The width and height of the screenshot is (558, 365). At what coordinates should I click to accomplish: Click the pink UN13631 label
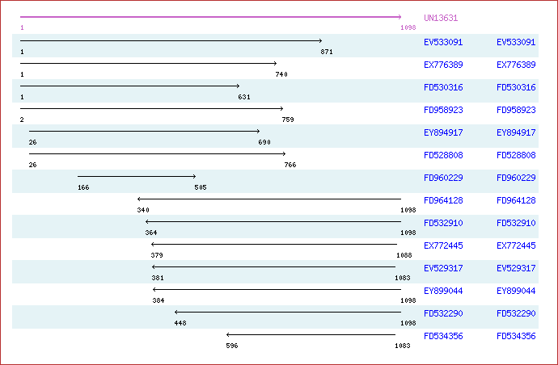pos(441,18)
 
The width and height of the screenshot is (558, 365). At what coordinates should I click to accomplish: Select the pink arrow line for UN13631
pos(211,17)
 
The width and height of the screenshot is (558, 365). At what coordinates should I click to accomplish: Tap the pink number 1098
pos(408,27)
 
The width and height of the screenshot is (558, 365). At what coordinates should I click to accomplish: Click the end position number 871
pos(327,52)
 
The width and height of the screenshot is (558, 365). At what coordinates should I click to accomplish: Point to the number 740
pos(281,74)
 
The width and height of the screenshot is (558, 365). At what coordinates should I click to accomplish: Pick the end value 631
pos(244,97)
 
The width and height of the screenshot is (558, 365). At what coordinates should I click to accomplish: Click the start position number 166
pos(83,187)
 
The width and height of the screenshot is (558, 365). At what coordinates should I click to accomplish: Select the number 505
pos(201,187)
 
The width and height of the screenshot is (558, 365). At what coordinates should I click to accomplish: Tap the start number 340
pos(143,210)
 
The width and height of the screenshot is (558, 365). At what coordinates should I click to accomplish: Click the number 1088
pos(404,255)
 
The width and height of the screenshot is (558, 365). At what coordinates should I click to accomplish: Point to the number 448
pos(180,324)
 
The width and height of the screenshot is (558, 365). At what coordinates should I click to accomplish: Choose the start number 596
pos(231,346)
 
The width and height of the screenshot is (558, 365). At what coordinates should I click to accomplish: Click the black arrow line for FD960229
pos(137,176)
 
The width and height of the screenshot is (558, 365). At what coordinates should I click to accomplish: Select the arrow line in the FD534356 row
pos(311,334)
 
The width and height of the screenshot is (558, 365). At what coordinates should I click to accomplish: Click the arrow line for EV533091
pos(171,41)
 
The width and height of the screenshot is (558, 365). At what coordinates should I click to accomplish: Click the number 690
pos(264,142)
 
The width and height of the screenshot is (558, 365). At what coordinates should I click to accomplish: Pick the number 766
pos(290,165)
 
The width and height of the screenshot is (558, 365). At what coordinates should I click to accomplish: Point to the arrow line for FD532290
pos(288,312)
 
